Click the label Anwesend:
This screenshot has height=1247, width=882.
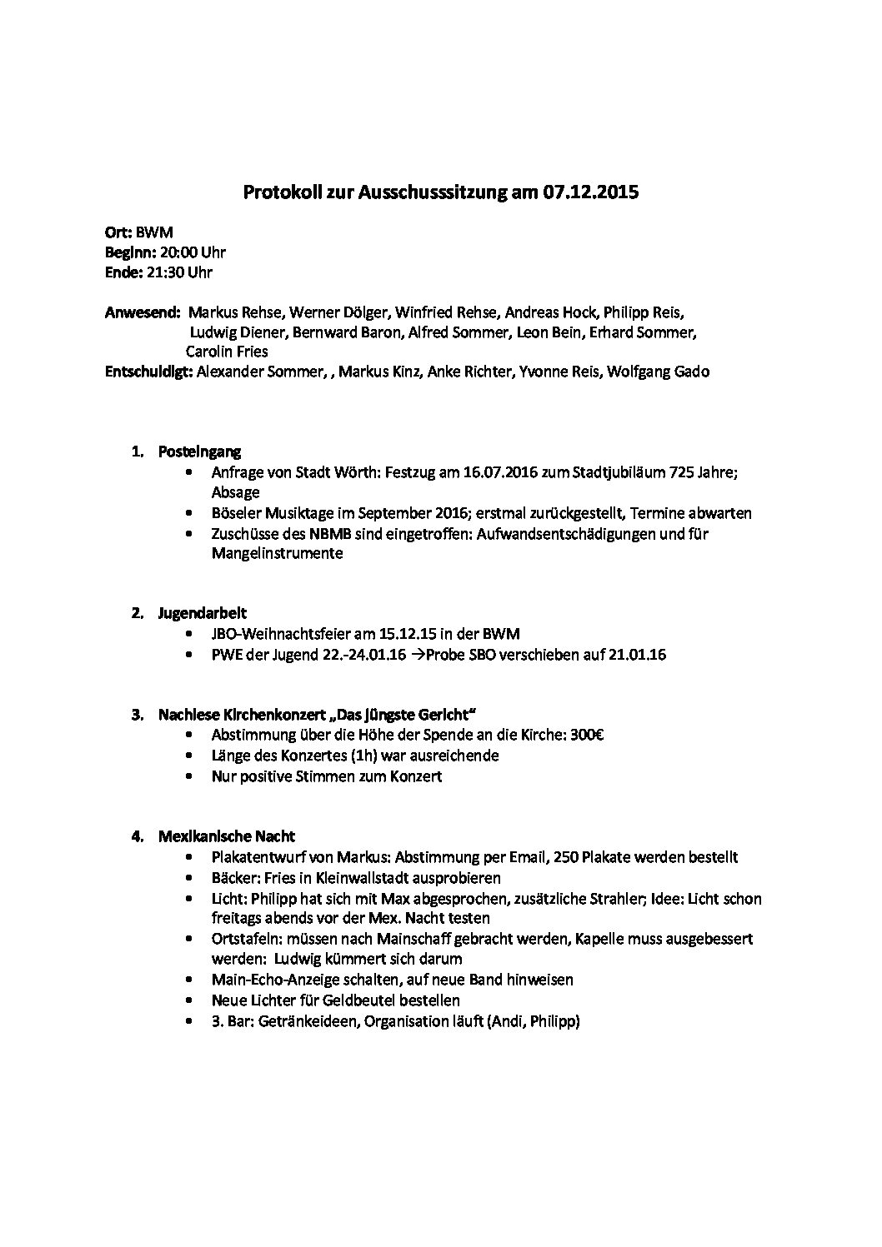tap(143, 312)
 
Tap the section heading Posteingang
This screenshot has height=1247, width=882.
tap(199, 452)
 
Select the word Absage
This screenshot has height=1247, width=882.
tap(235, 492)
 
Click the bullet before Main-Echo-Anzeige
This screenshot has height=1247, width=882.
tap(193, 980)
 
